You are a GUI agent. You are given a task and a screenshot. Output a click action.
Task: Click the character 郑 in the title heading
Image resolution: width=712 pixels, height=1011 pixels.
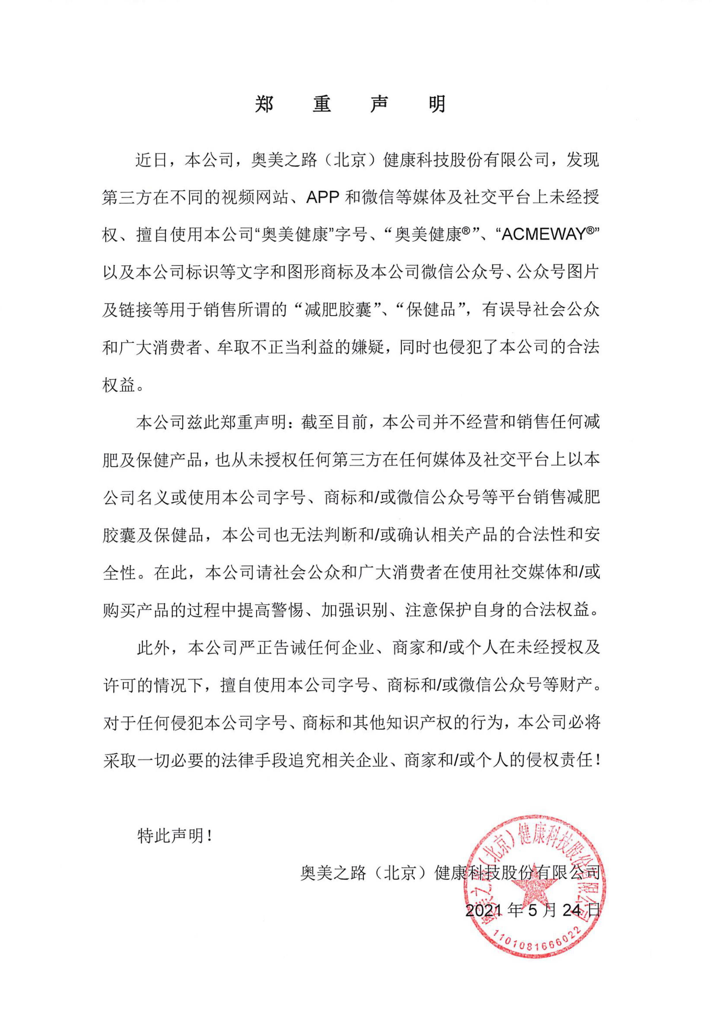pos(264,104)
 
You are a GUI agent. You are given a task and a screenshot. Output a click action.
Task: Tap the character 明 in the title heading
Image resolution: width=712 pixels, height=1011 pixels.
pos(437,104)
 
